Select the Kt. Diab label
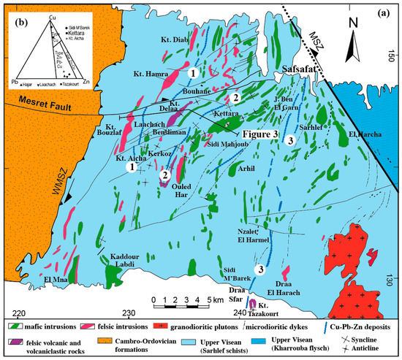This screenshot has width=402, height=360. [x=169, y=40]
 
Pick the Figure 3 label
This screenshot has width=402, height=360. [x=258, y=134]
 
